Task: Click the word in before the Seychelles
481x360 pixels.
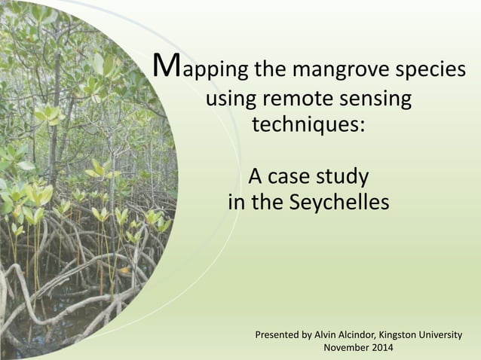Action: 236,203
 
